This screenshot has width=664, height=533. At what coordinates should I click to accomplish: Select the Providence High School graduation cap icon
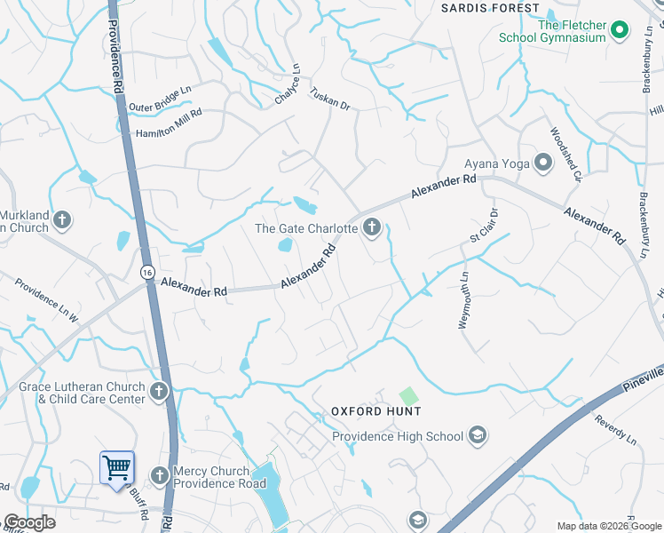[x=478, y=435]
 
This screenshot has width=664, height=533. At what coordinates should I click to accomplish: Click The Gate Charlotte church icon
[x=372, y=228]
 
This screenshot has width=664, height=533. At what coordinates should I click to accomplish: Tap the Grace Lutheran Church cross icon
[x=159, y=391]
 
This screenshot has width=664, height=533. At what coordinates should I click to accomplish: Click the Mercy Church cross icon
[x=160, y=476]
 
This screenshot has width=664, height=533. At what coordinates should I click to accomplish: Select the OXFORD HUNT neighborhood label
[x=375, y=411]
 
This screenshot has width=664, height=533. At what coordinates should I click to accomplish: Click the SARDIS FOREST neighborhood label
[x=491, y=8]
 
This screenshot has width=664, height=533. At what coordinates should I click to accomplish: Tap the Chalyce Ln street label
[x=285, y=85]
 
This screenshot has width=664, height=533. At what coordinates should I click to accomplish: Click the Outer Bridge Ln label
[x=160, y=99]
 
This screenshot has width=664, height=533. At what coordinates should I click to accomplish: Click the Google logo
[x=29, y=522]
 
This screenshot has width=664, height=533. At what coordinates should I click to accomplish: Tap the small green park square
[x=407, y=394]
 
